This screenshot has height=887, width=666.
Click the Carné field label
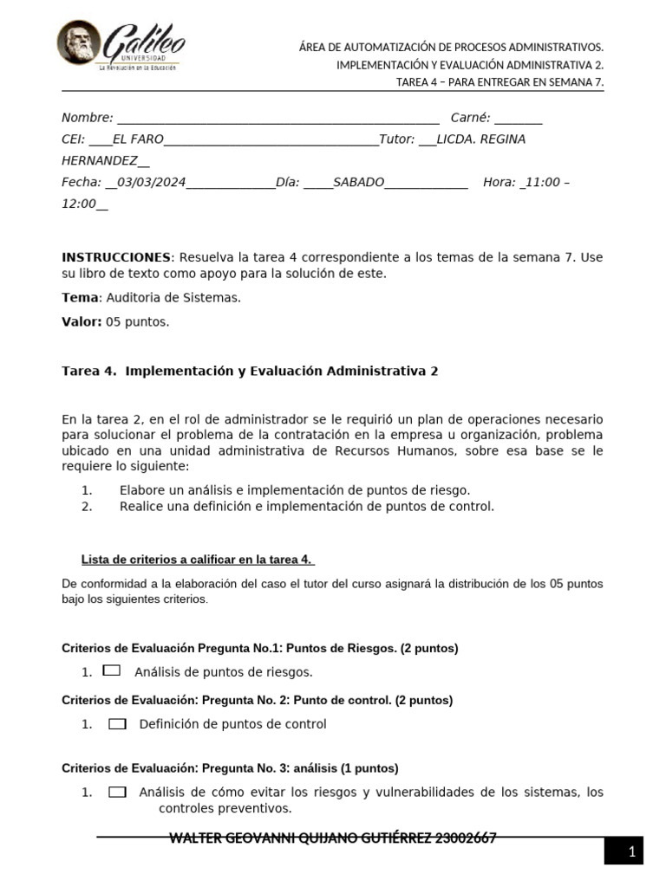pos(470,118)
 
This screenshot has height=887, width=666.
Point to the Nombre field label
pos(87,118)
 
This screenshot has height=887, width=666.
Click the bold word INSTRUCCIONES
pos(116,257)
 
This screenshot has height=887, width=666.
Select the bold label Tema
pos(80,298)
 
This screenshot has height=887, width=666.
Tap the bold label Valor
pos(82,322)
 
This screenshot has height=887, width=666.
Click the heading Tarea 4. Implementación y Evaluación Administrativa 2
pos(250,372)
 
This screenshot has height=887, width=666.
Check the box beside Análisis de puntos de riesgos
pos(111,670)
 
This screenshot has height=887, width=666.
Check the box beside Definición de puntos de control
pos(118,724)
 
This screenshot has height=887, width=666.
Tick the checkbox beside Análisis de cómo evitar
pos(118,792)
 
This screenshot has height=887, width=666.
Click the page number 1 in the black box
pos(633,852)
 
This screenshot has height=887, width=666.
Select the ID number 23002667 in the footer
pos(466,838)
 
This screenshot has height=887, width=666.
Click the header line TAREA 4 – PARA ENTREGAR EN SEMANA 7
pos(499,82)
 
